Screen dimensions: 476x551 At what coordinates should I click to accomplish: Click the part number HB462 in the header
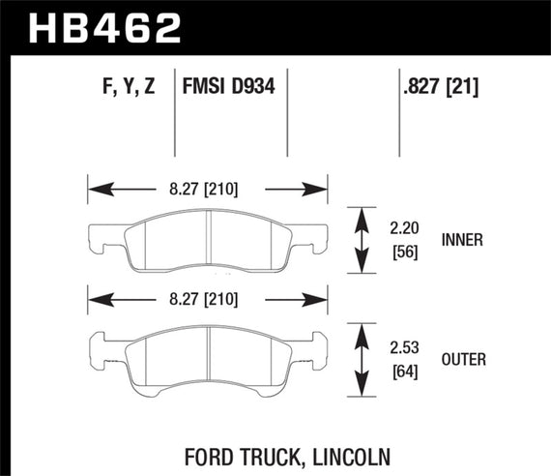click(105, 26)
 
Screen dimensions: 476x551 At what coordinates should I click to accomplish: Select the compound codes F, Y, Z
click(127, 88)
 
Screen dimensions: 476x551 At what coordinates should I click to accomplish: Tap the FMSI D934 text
click(229, 88)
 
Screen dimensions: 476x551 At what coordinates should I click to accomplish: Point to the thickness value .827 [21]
click(440, 88)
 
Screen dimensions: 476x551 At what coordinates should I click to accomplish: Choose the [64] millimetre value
click(405, 370)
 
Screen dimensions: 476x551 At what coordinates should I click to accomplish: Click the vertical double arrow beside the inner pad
click(362, 239)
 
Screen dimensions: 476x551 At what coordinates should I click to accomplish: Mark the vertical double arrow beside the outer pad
click(362, 359)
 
